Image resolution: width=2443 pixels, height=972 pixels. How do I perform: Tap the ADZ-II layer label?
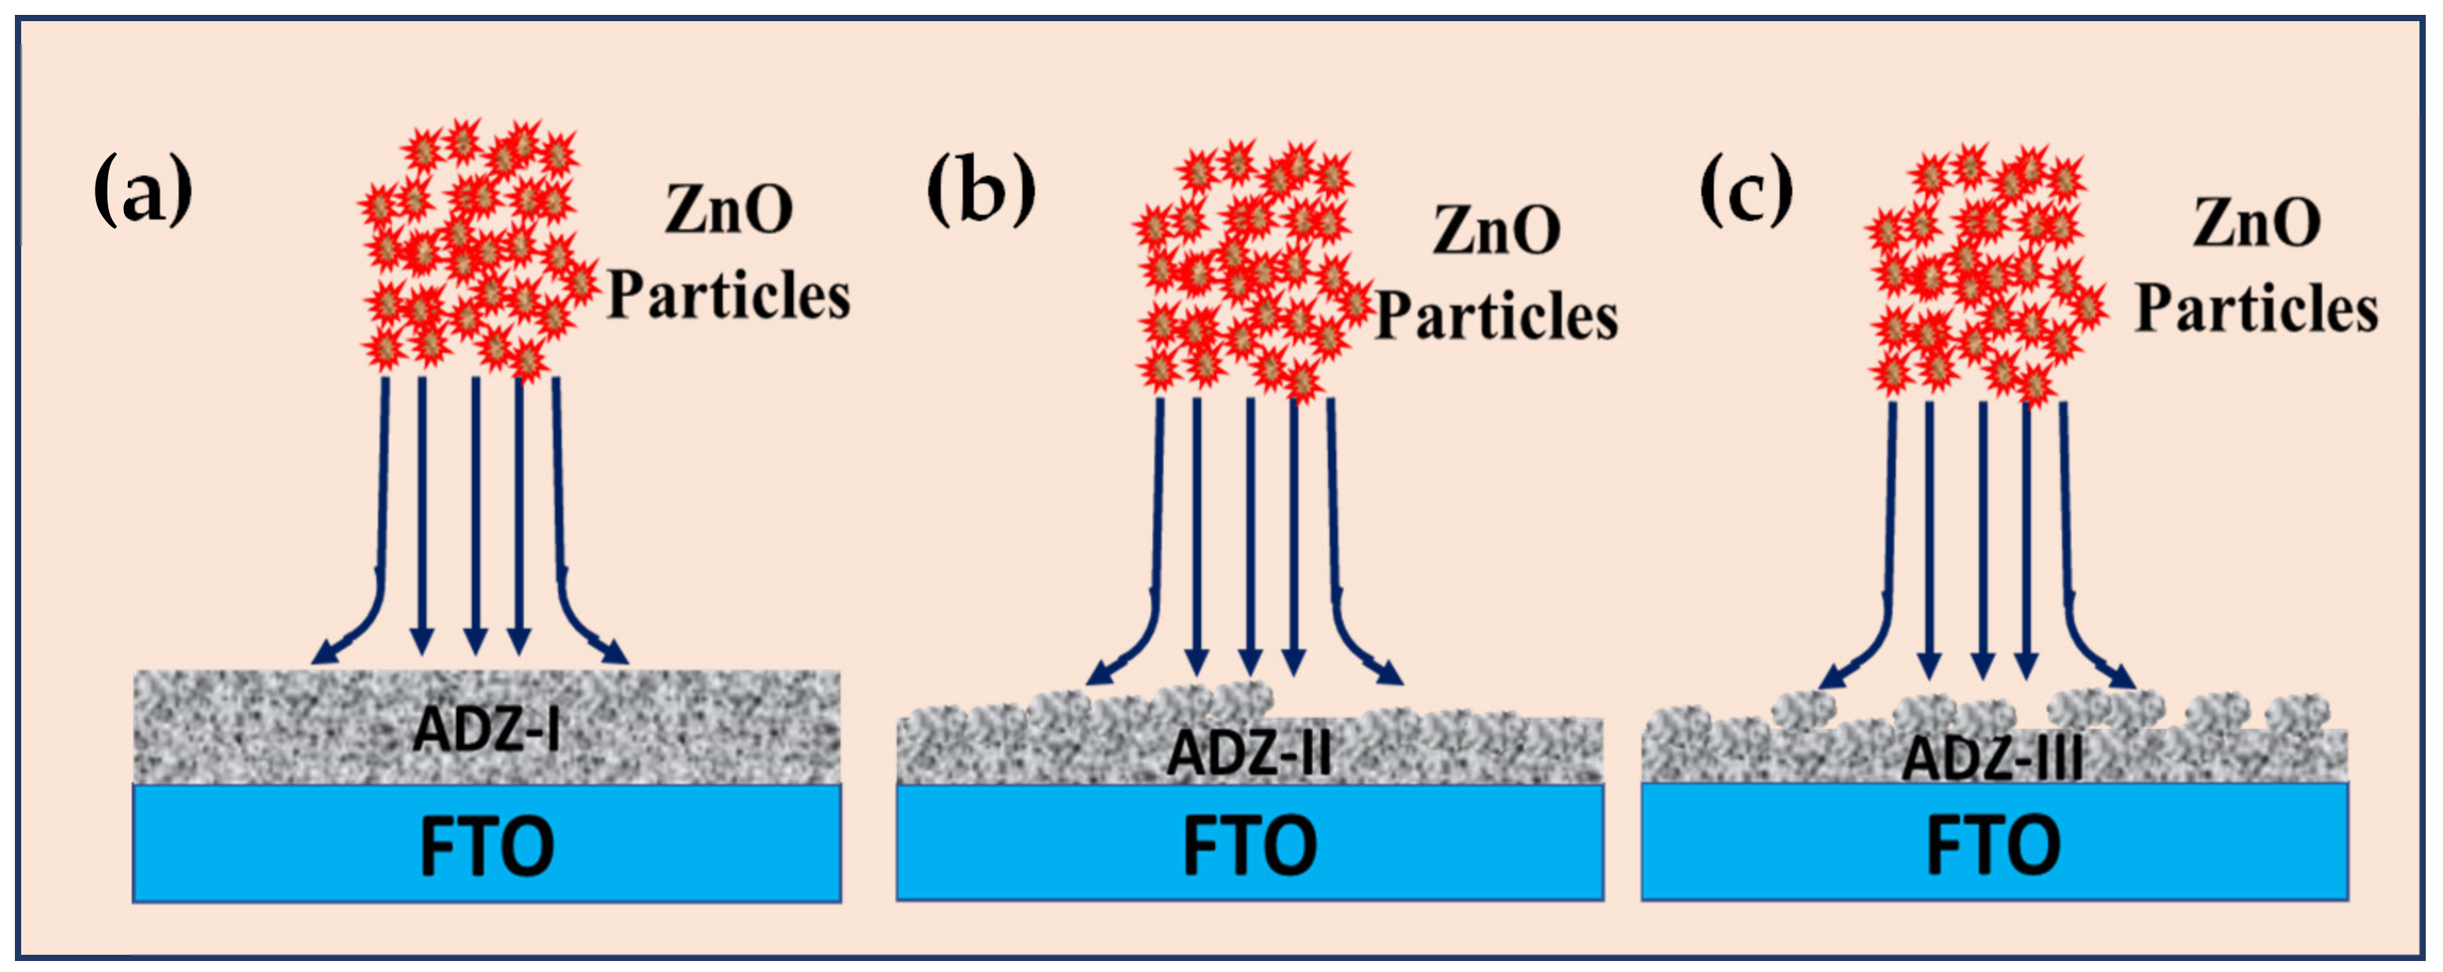(1249, 753)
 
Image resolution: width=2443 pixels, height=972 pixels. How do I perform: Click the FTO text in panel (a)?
(487, 846)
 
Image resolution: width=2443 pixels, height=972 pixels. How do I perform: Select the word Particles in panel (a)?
(728, 296)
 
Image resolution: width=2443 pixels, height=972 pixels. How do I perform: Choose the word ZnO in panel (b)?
(1497, 230)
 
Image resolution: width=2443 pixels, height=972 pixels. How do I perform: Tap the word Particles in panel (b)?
(1497, 316)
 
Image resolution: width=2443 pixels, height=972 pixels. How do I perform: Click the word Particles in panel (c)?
(2257, 309)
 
